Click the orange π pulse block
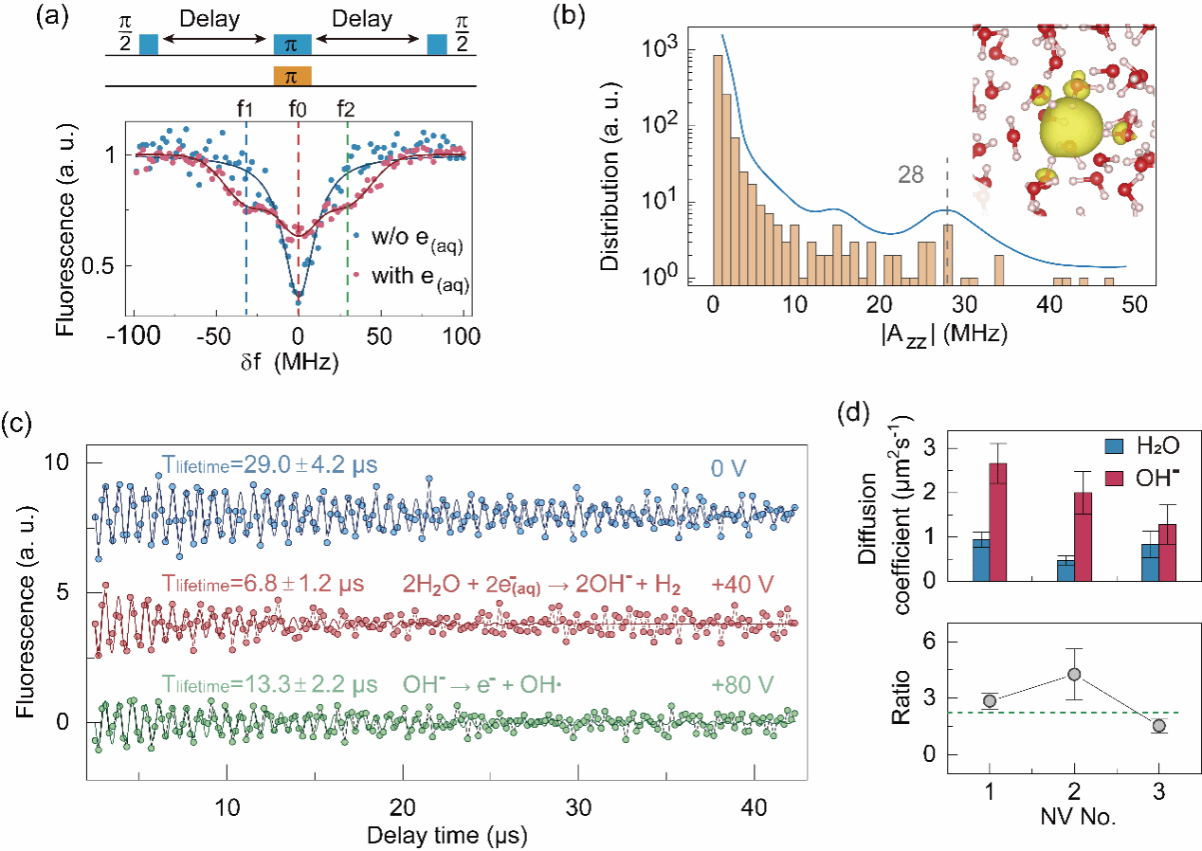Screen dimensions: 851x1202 292,75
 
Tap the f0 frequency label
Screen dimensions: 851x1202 298,108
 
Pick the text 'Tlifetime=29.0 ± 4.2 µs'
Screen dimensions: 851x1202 269,466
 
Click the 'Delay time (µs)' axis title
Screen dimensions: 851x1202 447,836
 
